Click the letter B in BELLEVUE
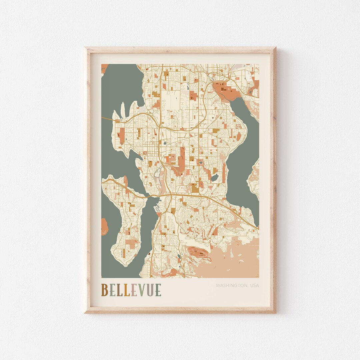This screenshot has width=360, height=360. click(104, 290)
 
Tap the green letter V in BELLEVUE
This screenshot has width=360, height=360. click(142, 290)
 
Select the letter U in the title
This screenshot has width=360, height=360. click(150, 290)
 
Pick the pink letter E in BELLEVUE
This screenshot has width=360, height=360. click(134, 290)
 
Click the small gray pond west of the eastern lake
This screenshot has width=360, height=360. click(215, 177)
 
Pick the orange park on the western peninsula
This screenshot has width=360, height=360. click(121, 135)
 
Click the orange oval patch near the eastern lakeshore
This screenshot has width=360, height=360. click(239, 136)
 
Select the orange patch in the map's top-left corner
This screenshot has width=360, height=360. click(104, 68)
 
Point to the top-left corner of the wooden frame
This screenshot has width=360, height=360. click(86, 48)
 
